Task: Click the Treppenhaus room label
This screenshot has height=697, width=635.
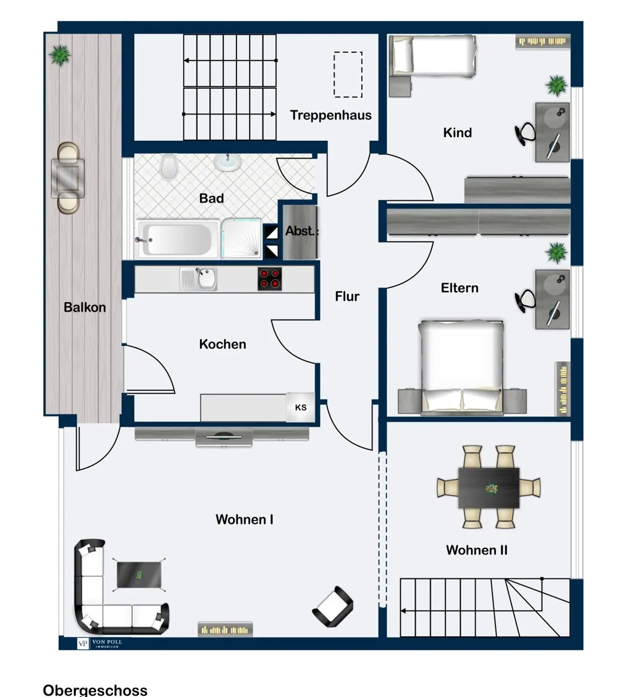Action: pos(331,116)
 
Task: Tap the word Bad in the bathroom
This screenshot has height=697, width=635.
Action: pos(211,198)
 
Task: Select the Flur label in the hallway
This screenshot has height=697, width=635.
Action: pos(347,297)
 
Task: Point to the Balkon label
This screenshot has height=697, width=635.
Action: pos(84,307)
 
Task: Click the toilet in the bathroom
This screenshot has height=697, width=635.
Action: pos(168,167)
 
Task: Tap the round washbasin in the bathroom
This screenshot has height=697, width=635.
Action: pos(228,162)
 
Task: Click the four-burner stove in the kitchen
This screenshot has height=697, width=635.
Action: pos(270,279)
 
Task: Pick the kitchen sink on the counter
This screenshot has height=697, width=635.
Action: pos(198,279)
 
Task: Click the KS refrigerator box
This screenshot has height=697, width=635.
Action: pos(300,407)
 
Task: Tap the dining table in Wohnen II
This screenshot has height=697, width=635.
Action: pos(488,488)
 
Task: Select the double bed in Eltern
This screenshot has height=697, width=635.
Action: pos(462,367)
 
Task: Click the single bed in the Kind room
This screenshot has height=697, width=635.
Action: pos(432,55)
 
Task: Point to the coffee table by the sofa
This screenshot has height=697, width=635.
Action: pos(138,574)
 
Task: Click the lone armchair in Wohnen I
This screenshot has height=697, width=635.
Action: pos(333,607)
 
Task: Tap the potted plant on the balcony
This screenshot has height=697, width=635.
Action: pos(59,55)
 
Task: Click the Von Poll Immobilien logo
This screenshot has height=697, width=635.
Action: pos(100,644)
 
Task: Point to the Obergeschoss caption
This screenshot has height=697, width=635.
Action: pos(95,690)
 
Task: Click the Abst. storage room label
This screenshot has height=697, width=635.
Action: pos(300,231)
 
